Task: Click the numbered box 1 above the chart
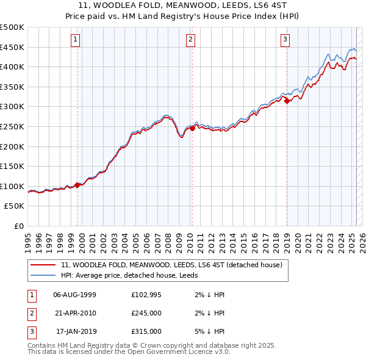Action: pyautogui.click(x=75, y=40)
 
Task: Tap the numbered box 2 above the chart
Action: pyautogui.click(x=190, y=40)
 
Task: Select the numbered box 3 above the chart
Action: pyautogui.click(x=285, y=40)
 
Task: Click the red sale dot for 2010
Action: pyautogui.click(x=192, y=129)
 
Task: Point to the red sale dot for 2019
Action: pyautogui.click(x=287, y=101)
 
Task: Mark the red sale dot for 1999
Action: pyautogui.click(x=77, y=185)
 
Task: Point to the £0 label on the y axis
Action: pyautogui.click(x=18, y=226)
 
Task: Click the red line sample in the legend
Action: pyautogui.click(x=43, y=265)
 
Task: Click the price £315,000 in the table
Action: pyautogui.click(x=146, y=331)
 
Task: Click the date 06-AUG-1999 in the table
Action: pyautogui.click(x=74, y=295)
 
